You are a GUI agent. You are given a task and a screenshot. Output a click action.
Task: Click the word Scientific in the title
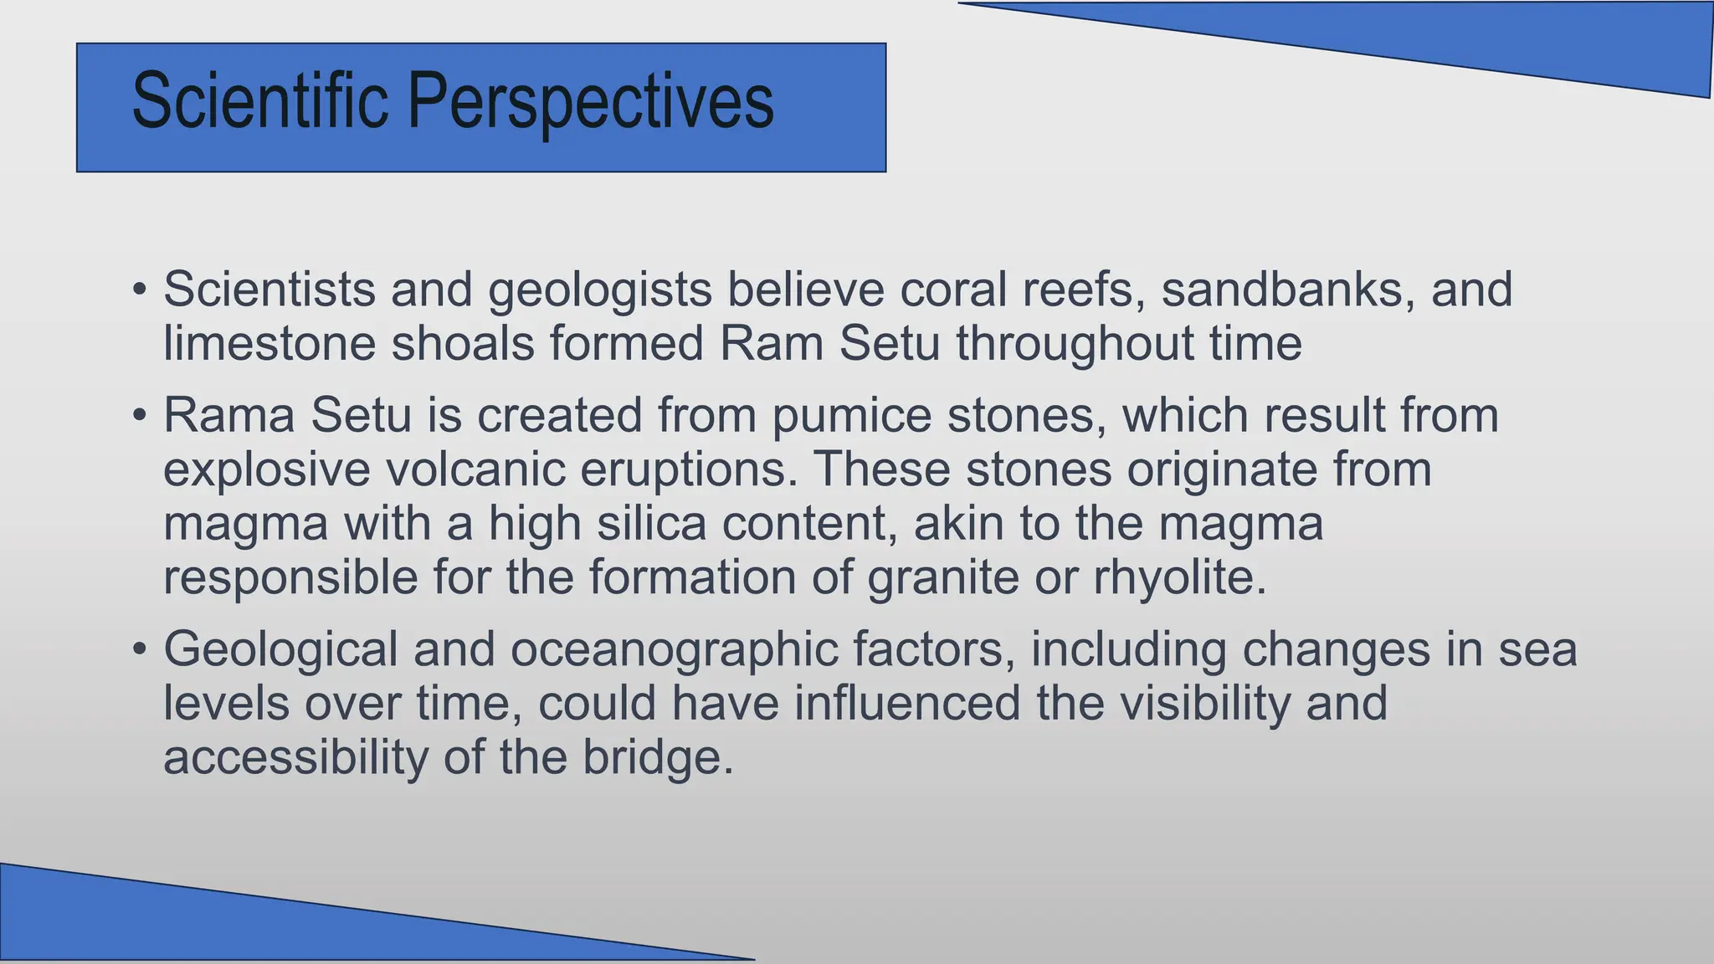(x=259, y=102)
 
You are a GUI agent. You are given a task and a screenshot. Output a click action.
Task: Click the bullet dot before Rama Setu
(x=140, y=416)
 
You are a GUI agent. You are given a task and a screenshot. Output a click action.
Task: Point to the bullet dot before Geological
(x=140, y=650)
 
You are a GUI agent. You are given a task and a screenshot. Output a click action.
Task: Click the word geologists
(x=600, y=290)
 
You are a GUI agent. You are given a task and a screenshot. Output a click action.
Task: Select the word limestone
(x=269, y=343)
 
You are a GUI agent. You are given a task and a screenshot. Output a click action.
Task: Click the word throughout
(x=1075, y=343)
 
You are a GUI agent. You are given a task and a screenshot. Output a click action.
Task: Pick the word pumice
(x=851, y=415)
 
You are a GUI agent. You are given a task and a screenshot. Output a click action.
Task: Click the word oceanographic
(x=675, y=649)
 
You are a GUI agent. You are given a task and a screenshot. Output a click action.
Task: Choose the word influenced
(x=907, y=703)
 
